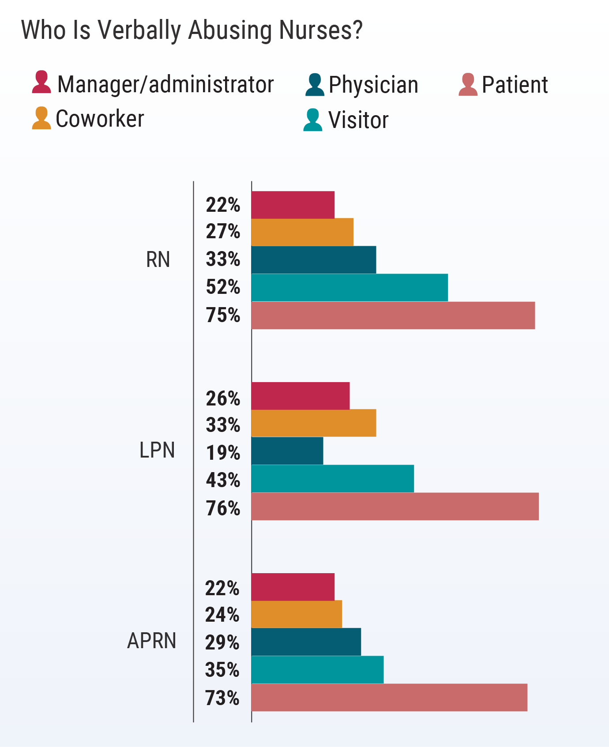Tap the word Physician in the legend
tap(373, 85)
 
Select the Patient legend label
tap(515, 85)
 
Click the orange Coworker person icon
tap(41, 118)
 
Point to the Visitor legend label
tap(358, 120)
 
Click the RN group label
tap(158, 260)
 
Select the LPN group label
tap(157, 450)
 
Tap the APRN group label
tap(152, 641)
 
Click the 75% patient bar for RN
tap(393, 315)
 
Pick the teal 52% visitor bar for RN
tap(350, 288)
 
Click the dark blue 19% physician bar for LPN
tap(287, 451)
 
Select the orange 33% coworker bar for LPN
tap(313, 423)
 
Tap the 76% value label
tap(223, 508)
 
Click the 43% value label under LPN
tap(223, 480)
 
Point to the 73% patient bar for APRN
tap(389, 698)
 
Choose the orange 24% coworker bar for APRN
tap(297, 614)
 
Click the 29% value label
tap(222, 642)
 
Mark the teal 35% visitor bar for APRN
tap(317, 670)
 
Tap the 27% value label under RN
tap(223, 232)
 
